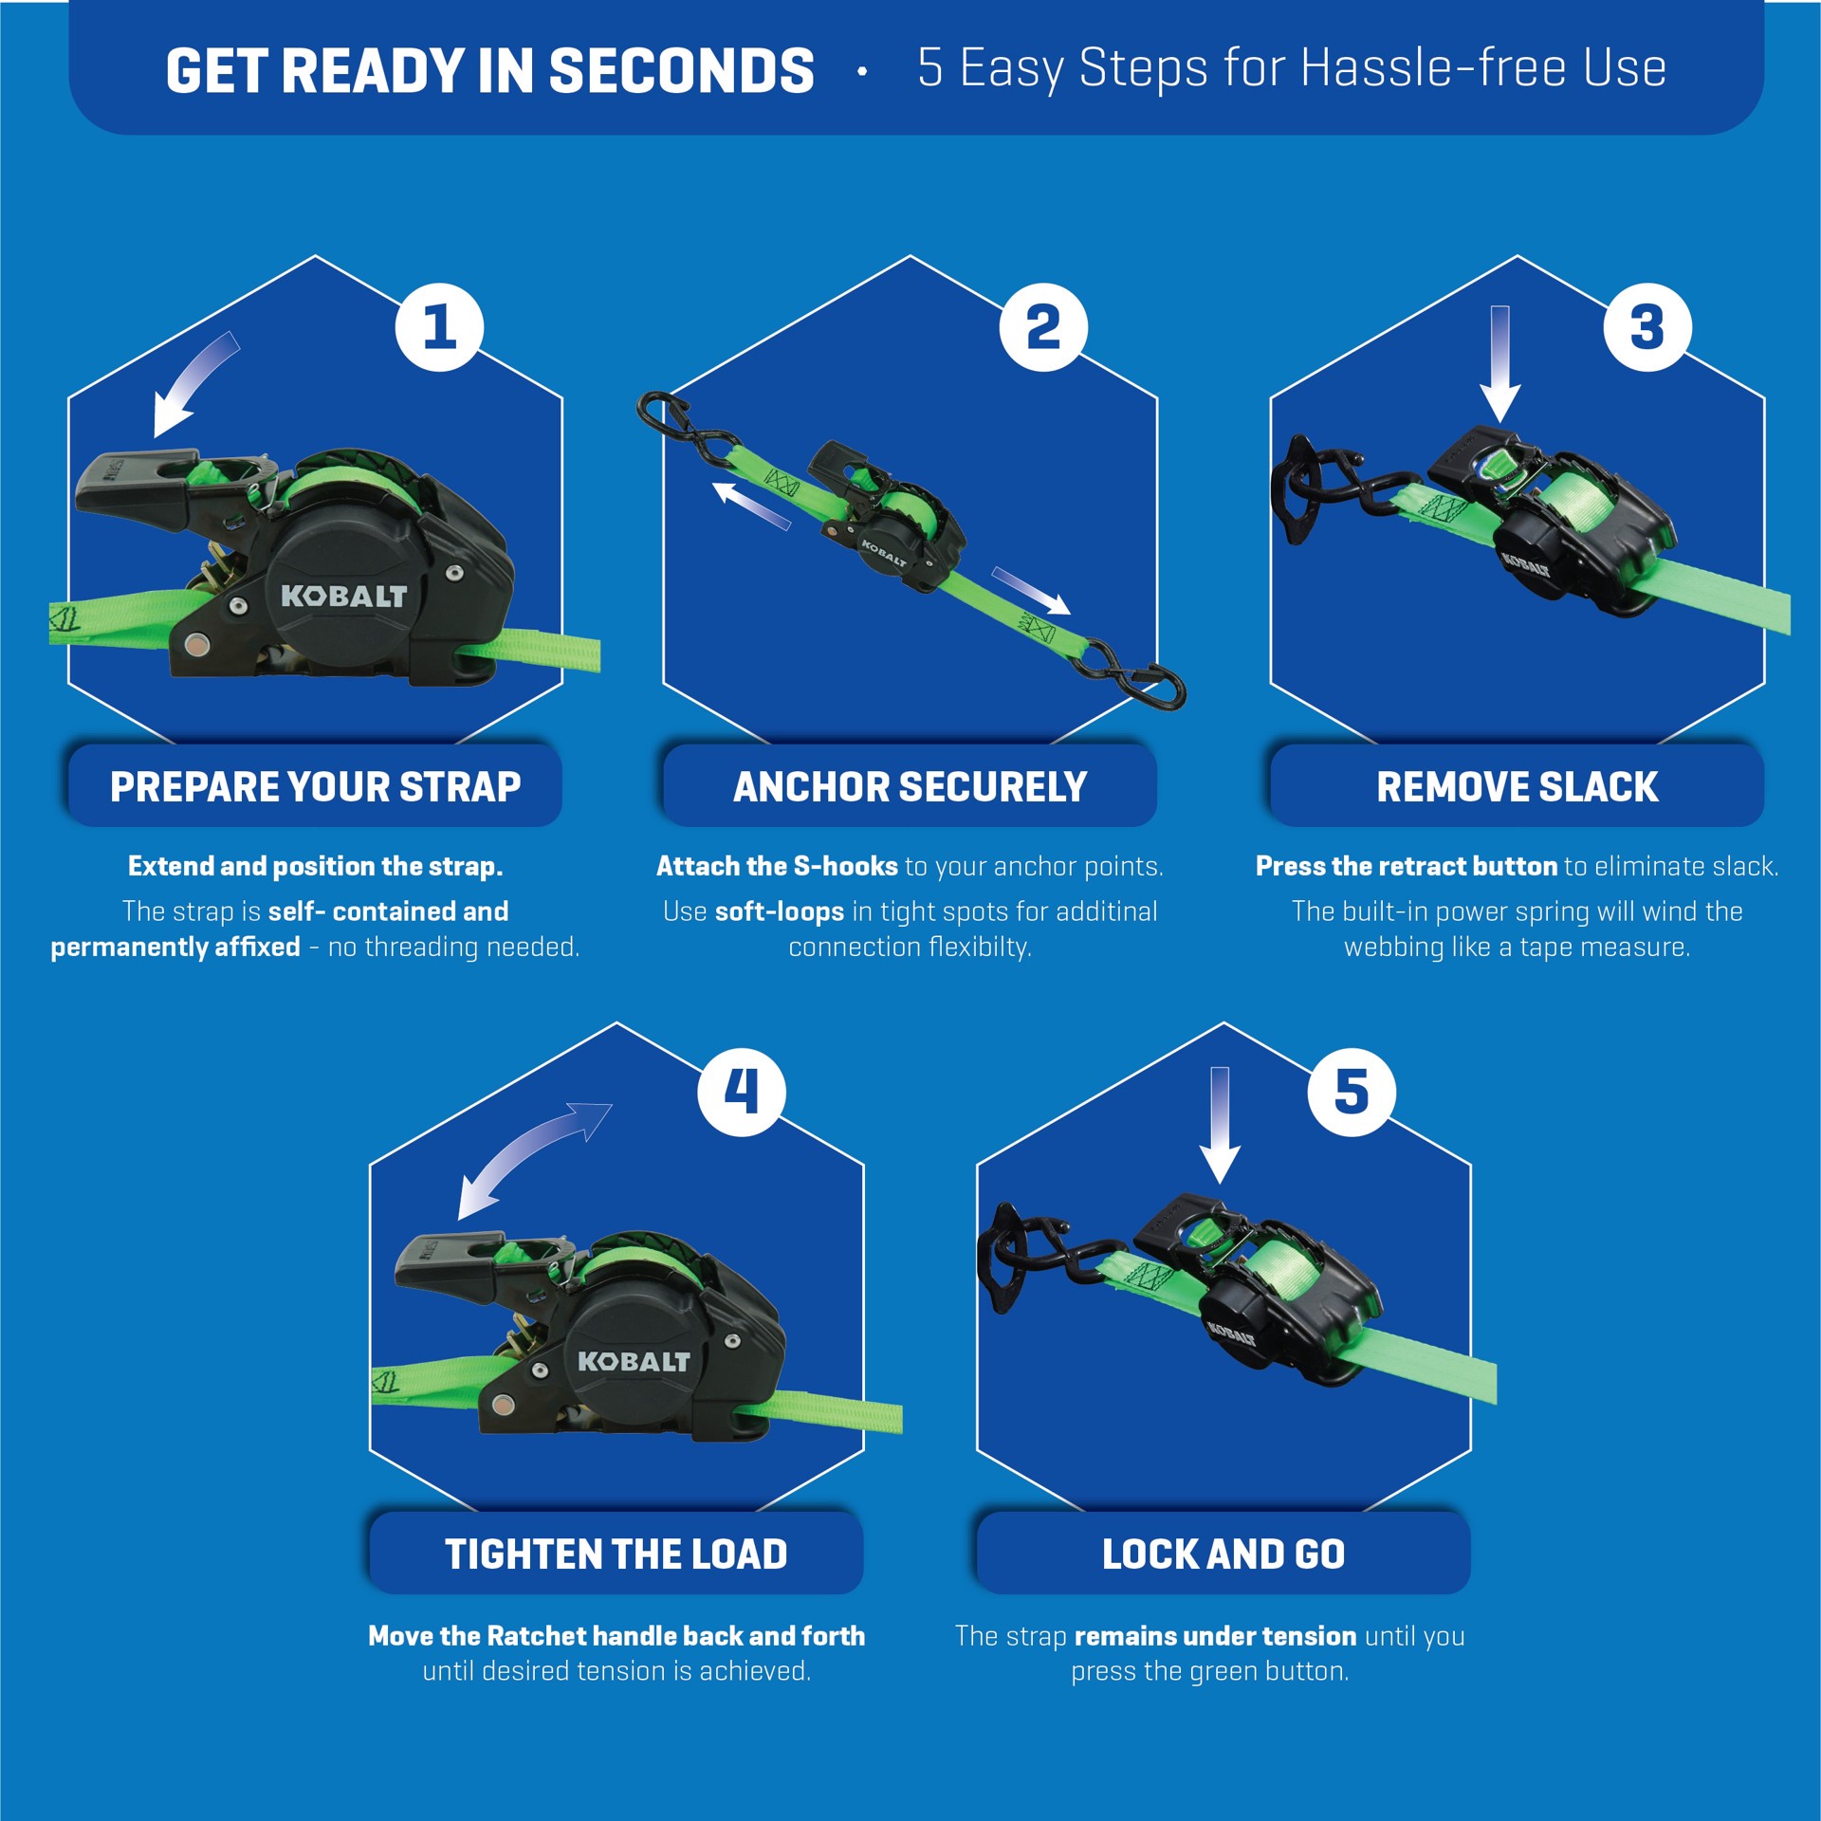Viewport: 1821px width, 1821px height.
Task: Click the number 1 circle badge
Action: (439, 327)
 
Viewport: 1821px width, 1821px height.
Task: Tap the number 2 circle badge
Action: (1043, 327)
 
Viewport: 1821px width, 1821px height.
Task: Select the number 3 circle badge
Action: (1647, 327)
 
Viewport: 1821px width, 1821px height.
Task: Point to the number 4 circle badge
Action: (742, 1092)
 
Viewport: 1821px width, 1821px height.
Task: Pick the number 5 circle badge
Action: (1352, 1092)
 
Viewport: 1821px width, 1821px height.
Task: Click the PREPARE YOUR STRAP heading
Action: (315, 786)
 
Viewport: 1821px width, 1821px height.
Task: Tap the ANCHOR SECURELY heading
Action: (910, 786)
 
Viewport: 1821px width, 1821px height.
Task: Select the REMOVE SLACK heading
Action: (1517, 786)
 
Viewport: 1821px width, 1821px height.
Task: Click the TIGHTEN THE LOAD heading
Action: (616, 1554)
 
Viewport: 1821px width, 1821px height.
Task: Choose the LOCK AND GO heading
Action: (1223, 1554)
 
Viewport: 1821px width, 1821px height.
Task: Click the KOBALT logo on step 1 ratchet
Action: (343, 596)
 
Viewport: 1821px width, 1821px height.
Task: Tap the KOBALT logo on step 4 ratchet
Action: (634, 1361)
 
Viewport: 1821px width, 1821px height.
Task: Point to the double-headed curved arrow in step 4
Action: (534, 1160)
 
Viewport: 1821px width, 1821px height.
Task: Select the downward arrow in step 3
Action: (1499, 365)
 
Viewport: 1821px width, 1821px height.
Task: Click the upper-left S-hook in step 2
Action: (688, 432)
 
